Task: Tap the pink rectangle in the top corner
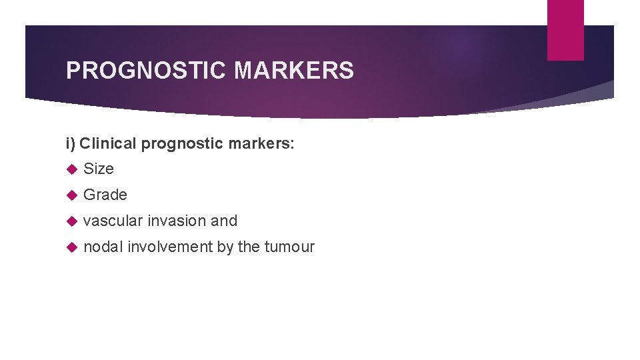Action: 565,30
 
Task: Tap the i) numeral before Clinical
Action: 71,143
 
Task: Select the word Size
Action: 99,169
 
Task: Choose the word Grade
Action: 105,195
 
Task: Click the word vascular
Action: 113,221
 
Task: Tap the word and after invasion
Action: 224,221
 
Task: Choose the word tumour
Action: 289,247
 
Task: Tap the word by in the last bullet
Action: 225,247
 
